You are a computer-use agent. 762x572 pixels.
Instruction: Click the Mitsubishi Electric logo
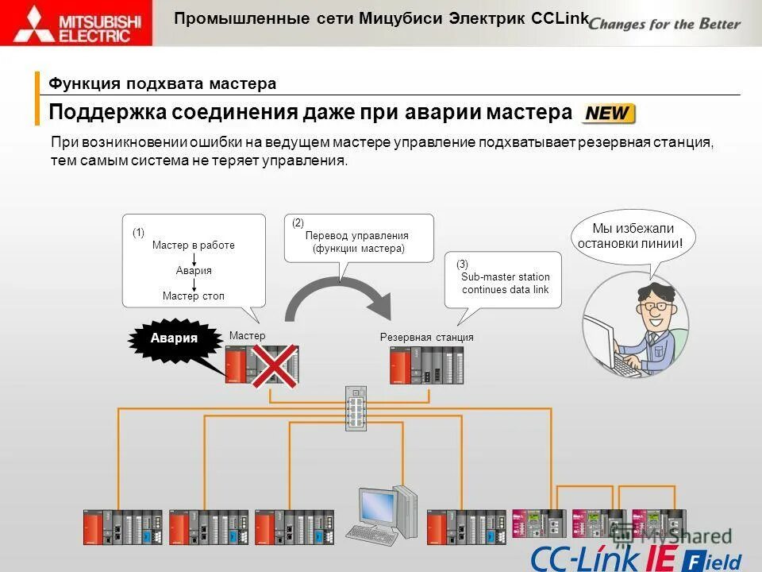point(77,23)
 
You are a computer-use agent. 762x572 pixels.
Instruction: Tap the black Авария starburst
point(175,338)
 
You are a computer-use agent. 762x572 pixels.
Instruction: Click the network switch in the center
point(356,408)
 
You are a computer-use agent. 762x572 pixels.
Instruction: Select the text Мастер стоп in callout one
point(194,296)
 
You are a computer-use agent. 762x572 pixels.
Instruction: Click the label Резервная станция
point(426,338)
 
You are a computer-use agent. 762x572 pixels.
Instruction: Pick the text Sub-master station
point(505,277)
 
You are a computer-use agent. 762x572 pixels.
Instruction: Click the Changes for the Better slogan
point(665,23)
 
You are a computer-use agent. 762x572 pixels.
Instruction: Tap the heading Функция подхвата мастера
point(163,84)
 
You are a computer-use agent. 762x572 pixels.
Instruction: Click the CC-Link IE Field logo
point(635,557)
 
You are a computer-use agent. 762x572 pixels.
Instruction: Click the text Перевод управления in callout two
point(356,236)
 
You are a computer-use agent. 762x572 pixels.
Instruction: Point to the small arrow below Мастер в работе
point(194,258)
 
